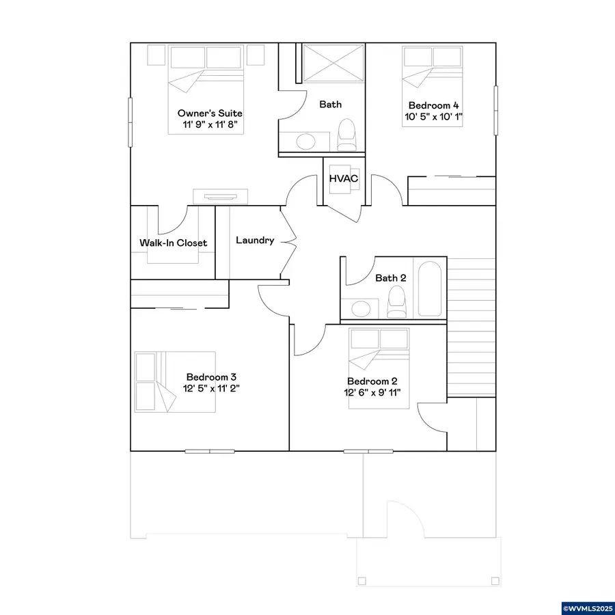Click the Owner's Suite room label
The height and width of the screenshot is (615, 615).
210,113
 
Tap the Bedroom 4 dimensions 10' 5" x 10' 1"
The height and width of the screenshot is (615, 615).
433,117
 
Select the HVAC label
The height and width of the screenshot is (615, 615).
344,179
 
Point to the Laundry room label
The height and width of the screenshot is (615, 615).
255,241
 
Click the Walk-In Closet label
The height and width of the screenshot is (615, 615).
174,243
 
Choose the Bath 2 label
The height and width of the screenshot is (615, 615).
391,278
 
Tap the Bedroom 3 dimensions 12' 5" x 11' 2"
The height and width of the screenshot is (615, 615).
211,389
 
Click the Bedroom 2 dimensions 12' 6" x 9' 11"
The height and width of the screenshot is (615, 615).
372,393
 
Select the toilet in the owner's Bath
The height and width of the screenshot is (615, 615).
346,135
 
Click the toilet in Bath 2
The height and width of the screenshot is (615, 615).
396,301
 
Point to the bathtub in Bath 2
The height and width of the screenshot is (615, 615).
430,288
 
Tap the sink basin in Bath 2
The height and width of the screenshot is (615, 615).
361,309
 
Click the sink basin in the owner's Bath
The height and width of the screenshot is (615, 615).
306,141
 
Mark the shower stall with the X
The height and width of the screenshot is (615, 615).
333,64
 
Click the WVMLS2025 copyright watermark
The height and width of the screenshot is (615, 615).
588,608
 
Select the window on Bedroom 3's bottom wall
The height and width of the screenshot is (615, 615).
210,452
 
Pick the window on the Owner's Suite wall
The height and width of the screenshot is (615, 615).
131,122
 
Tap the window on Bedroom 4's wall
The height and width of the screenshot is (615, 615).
496,110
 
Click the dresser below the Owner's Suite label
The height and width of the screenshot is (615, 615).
221,197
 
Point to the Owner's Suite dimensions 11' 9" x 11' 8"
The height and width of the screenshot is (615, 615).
210,125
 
